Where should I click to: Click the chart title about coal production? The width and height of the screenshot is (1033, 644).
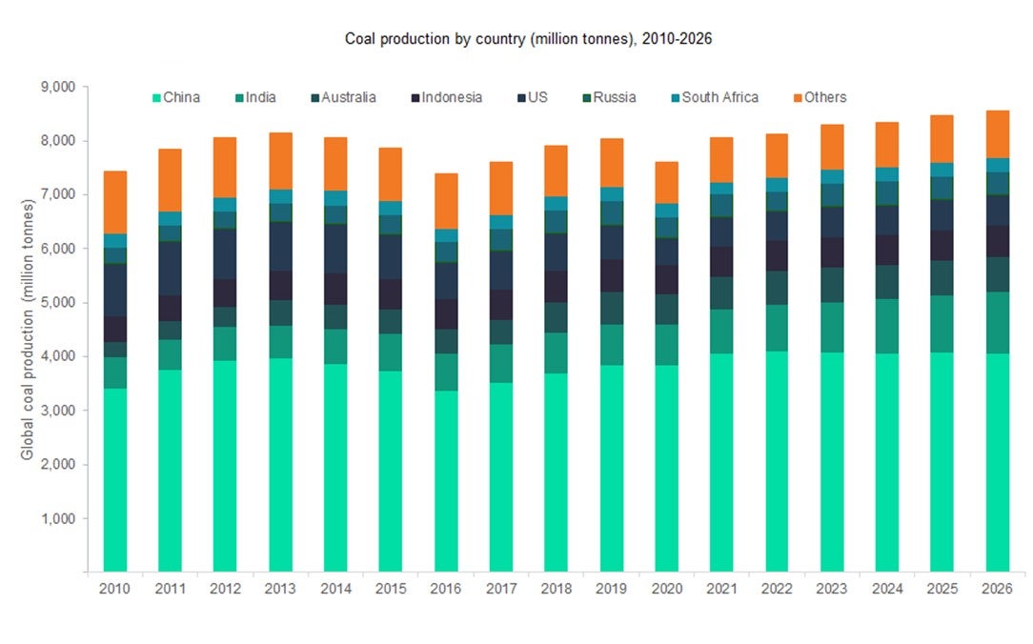tap(516, 39)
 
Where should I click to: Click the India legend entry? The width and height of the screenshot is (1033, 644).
tap(260, 97)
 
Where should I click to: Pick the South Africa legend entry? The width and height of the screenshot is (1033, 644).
tap(719, 97)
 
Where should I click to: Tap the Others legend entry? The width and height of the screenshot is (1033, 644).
tap(824, 97)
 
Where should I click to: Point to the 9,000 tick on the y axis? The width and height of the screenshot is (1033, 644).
tap(57, 87)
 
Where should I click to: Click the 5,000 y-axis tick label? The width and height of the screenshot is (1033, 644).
tap(57, 303)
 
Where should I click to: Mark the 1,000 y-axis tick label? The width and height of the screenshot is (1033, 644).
tap(57, 519)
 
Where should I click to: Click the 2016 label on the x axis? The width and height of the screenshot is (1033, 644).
tap(446, 591)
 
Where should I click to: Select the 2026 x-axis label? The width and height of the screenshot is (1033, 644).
tap(998, 591)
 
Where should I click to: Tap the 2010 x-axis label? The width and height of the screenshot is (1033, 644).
tap(114, 591)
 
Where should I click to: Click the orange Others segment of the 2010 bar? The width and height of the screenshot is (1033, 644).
tap(115, 202)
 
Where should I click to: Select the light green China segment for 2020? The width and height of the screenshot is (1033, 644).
tap(667, 467)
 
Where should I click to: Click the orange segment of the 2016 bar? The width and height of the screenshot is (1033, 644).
tap(446, 200)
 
